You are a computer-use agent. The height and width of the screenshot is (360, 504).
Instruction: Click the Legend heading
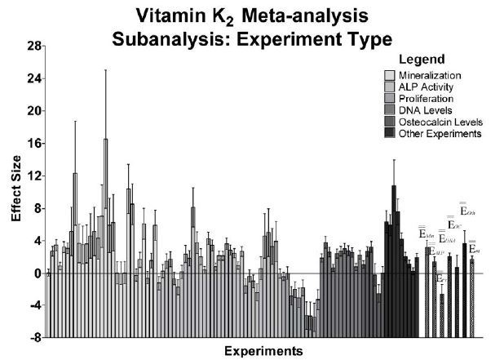tap(422, 60)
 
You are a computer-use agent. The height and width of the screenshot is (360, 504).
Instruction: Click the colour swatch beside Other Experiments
tap(391, 133)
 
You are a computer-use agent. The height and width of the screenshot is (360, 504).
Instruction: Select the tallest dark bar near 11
tap(393, 229)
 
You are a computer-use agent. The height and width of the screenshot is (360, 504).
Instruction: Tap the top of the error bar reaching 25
tap(105, 70)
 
